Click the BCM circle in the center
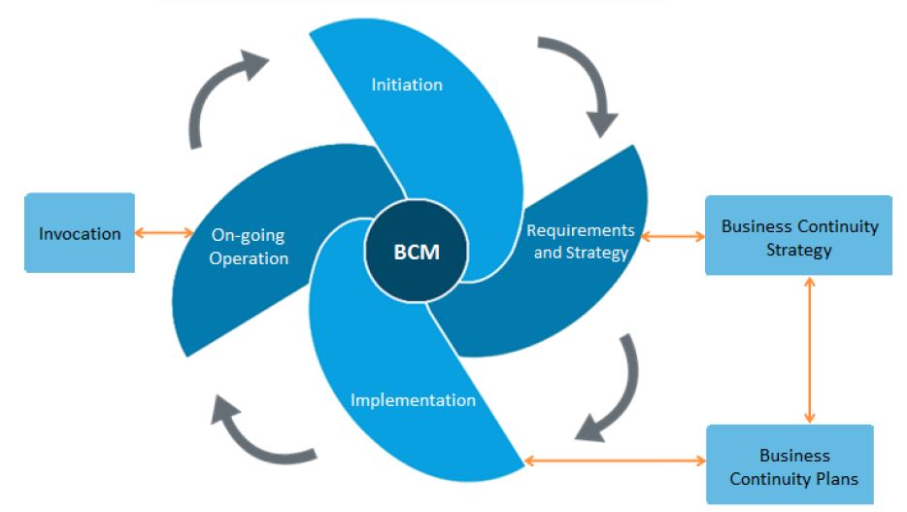416,253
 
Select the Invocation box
80,233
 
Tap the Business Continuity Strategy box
798,237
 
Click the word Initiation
407,85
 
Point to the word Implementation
413,399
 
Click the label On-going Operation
250,247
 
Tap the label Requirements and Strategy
581,242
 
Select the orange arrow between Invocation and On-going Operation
165,232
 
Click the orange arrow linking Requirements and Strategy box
672,236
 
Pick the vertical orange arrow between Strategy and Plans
808,350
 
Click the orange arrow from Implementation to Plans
615,460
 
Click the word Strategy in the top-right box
798,250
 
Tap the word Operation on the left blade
250,258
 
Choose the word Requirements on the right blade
581,230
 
